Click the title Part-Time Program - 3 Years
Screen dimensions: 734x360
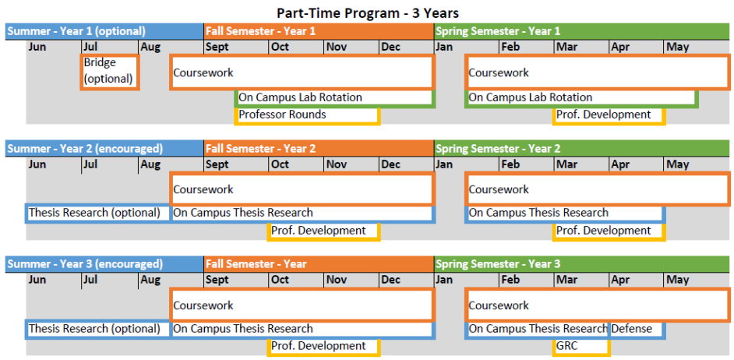(x=366, y=12)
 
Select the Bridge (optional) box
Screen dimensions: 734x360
(x=110, y=72)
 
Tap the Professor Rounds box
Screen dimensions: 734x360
(x=307, y=115)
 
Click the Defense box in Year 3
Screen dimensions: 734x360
(x=637, y=329)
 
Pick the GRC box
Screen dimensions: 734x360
(x=581, y=347)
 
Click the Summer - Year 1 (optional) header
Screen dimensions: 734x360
(x=105, y=31)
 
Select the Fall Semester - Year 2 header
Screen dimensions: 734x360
(x=319, y=148)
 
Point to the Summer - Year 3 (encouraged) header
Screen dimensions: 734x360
(x=105, y=264)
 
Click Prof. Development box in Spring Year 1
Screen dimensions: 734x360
(x=609, y=115)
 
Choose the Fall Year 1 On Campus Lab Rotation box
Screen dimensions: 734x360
(x=335, y=98)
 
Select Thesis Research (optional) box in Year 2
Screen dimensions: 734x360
(x=98, y=214)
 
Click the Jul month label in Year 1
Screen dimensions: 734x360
(x=90, y=47)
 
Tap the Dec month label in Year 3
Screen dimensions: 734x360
(x=391, y=280)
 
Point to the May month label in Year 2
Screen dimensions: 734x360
(x=678, y=164)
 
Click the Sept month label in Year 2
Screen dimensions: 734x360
(x=217, y=164)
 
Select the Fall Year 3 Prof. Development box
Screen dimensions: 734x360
(x=324, y=347)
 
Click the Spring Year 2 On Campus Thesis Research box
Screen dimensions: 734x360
(x=566, y=214)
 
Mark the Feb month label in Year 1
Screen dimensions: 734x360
(x=510, y=47)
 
